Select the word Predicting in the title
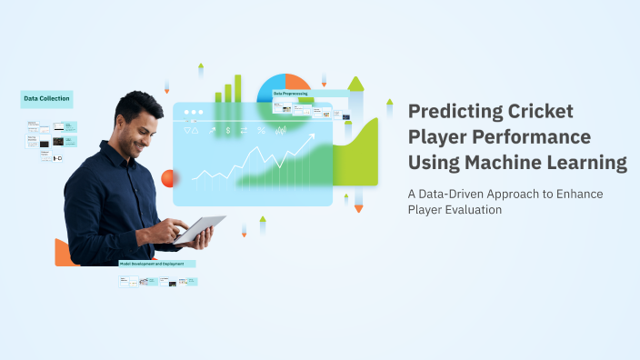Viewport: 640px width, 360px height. [x=452, y=113]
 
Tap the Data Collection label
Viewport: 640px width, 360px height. [x=46, y=99]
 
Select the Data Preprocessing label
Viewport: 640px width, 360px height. [x=291, y=93]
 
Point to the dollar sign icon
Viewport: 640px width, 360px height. [x=227, y=131]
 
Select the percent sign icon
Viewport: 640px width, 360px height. [x=262, y=131]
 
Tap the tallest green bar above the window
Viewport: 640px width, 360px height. [x=238, y=87]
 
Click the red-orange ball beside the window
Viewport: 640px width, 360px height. [x=167, y=178]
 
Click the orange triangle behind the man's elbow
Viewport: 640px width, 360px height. [x=62, y=254]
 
